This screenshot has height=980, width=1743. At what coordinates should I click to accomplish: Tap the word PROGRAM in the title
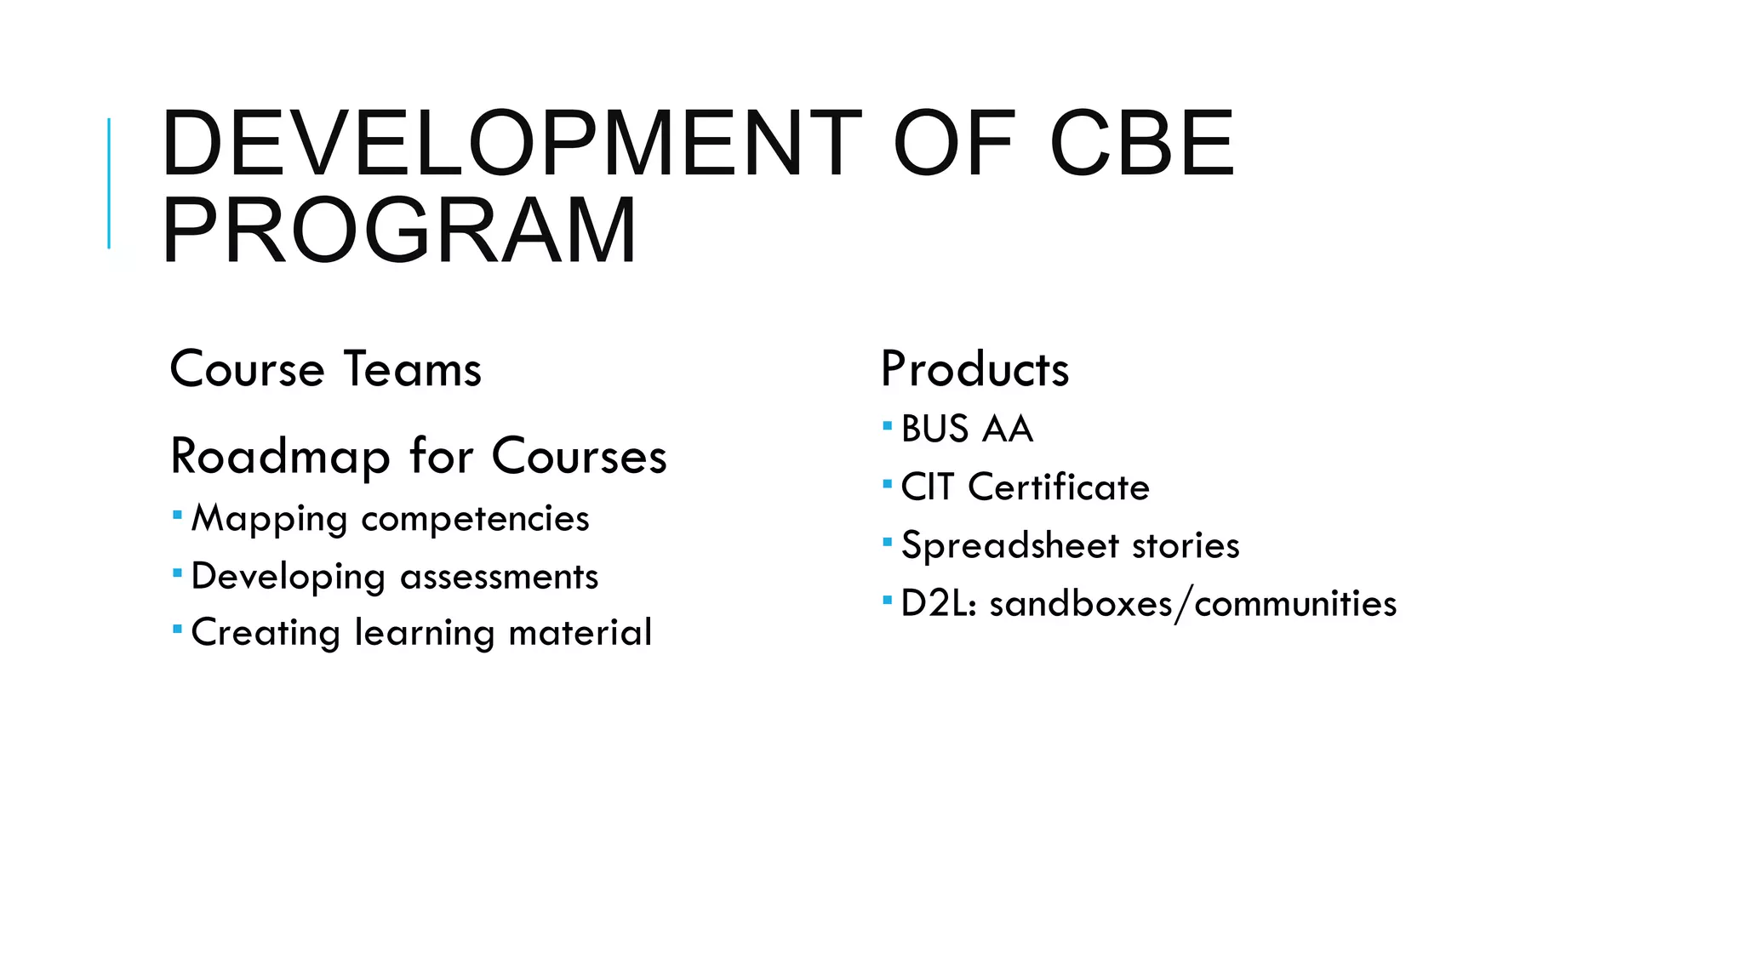tap(398, 231)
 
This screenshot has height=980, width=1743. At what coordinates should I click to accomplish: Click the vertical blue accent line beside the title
tap(109, 183)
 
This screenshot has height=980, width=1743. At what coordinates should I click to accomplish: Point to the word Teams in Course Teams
tap(413, 369)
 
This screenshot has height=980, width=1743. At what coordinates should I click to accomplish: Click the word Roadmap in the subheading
tap(279, 457)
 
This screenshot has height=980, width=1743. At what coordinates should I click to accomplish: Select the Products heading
tap(974, 369)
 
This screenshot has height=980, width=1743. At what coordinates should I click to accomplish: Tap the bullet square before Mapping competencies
tap(177, 515)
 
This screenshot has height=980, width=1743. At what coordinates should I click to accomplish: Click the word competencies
tap(475, 519)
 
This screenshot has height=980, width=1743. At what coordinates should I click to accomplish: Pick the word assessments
tap(499, 577)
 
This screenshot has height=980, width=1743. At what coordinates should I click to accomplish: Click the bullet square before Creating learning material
tap(177, 630)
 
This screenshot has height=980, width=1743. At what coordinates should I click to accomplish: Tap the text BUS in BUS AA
tap(934, 429)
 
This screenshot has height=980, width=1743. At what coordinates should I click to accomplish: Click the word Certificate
tap(1059, 487)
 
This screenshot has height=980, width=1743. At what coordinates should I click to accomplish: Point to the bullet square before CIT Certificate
tap(887, 484)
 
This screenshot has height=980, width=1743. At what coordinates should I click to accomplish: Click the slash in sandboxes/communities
tap(1183, 605)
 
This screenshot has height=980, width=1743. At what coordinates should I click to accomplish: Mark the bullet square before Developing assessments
tap(177, 573)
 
